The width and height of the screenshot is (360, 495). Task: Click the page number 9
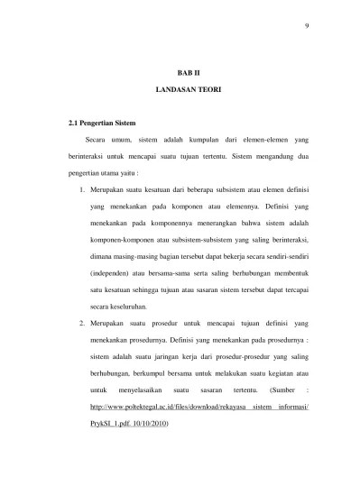click(307, 24)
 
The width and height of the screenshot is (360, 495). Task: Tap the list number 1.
click(82, 191)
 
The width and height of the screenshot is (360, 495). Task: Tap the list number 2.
click(82, 321)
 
